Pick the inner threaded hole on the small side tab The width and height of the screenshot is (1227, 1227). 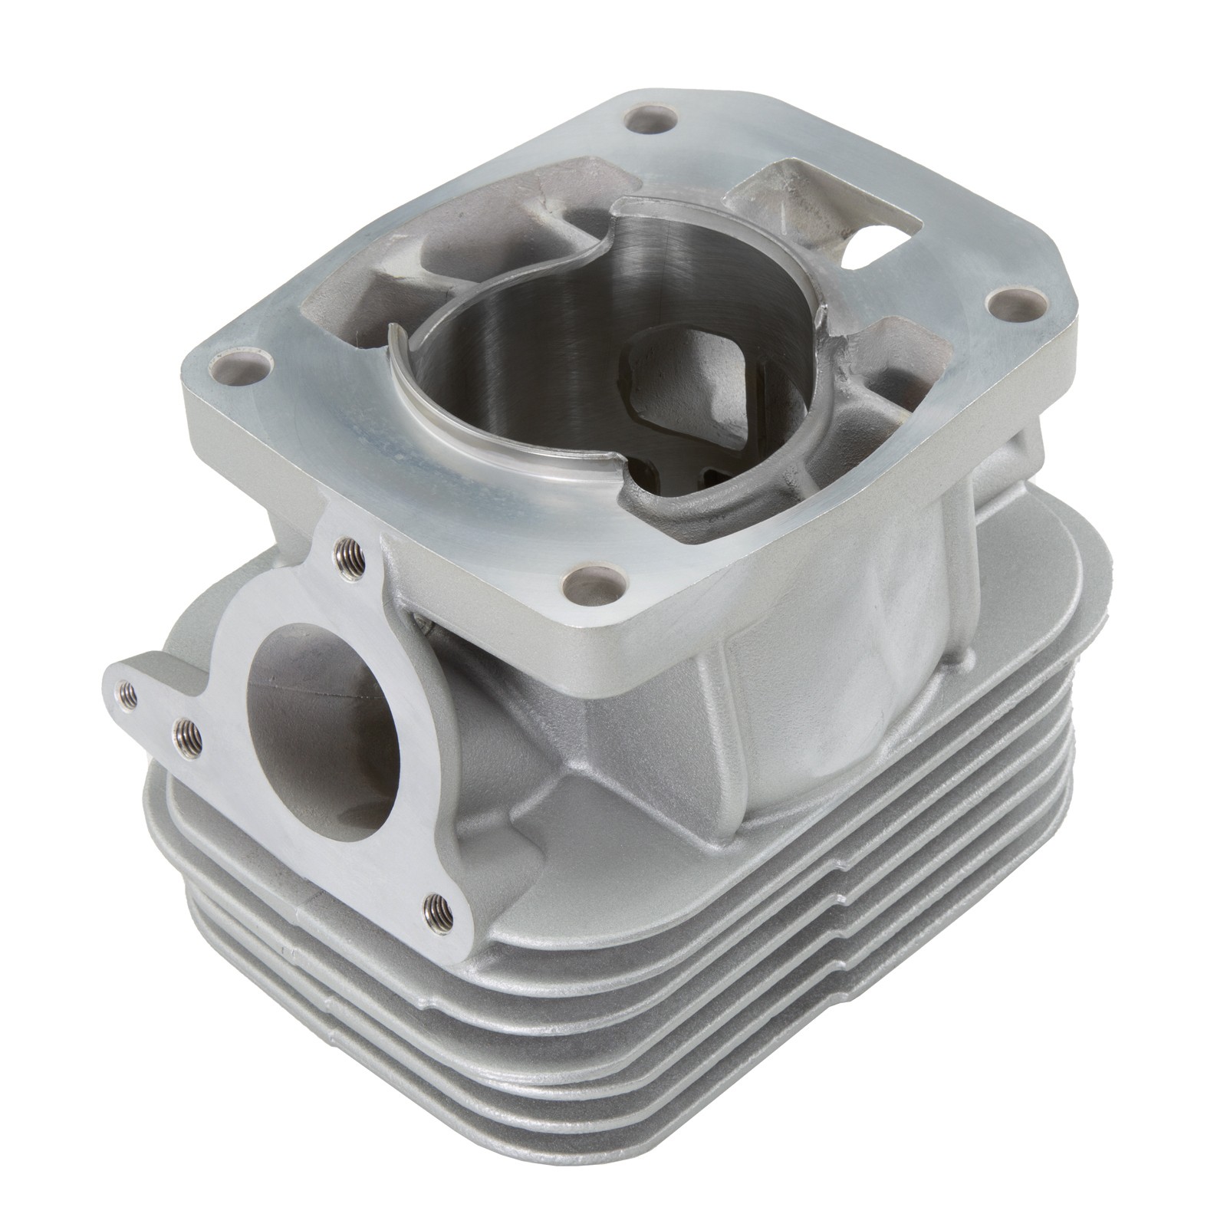(x=189, y=738)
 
